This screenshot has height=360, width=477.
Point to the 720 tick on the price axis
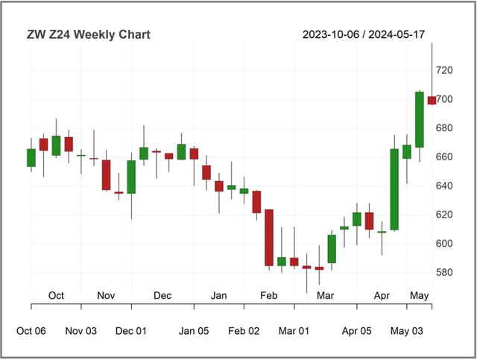point(444,70)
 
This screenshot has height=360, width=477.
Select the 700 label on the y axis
point(444,99)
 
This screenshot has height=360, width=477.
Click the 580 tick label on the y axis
point(444,273)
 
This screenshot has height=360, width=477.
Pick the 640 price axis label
point(444,186)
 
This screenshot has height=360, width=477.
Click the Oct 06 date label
point(31,331)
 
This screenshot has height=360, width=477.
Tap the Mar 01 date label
point(294,331)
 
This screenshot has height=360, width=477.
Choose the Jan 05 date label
point(194,331)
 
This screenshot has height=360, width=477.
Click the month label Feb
point(268,296)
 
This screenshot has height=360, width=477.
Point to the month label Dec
point(162,296)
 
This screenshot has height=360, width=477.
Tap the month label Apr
point(382,296)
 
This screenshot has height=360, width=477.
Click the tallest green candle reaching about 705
point(419,119)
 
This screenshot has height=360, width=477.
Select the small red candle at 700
point(432,101)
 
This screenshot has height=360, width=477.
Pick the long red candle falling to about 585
point(269,237)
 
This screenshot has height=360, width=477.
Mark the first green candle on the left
point(31,157)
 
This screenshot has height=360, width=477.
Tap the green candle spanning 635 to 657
point(131,177)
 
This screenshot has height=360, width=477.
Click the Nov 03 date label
point(81,331)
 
